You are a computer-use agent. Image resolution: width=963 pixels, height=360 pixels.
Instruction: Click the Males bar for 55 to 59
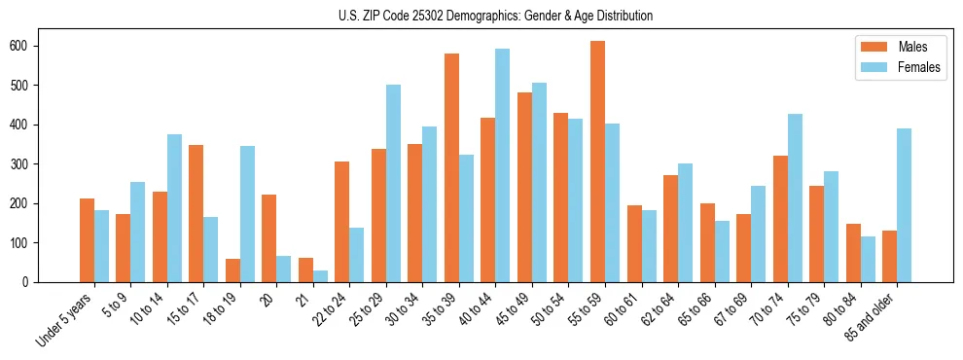[597, 162]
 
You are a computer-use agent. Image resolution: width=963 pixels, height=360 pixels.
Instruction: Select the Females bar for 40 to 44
[503, 165]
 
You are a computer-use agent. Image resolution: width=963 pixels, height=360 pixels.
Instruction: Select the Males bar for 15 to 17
[196, 213]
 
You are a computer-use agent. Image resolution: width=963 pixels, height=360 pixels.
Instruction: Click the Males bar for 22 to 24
[342, 222]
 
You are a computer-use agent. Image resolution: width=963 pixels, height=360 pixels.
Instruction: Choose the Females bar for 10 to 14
[174, 208]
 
